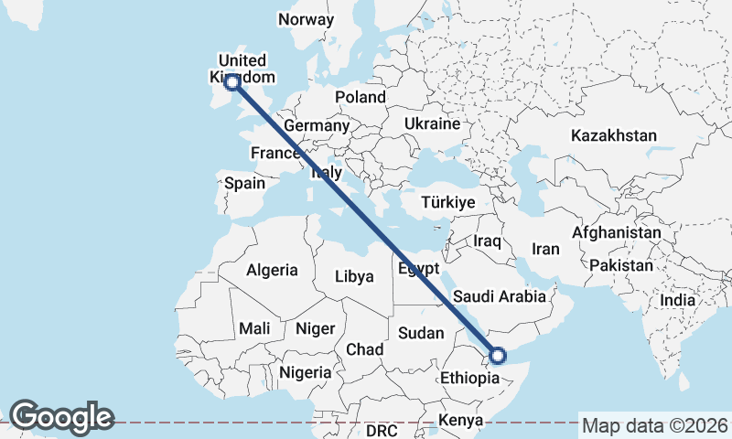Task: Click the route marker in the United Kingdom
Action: (x=232, y=82)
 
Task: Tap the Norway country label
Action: (x=307, y=19)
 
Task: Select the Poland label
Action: (x=361, y=98)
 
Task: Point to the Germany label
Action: (x=317, y=125)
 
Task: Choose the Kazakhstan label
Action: (x=614, y=135)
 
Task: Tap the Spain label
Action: (x=245, y=183)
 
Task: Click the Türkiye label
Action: (x=448, y=202)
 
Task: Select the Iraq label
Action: (x=488, y=241)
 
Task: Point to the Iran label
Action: (x=545, y=249)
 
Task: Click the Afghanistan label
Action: (x=617, y=233)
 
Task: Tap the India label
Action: (x=678, y=300)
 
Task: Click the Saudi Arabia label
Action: (x=500, y=296)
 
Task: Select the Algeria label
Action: (x=272, y=270)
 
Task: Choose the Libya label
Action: (x=355, y=276)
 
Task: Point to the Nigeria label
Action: (x=305, y=372)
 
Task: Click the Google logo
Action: (x=61, y=417)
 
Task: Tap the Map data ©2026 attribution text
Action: (x=655, y=425)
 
